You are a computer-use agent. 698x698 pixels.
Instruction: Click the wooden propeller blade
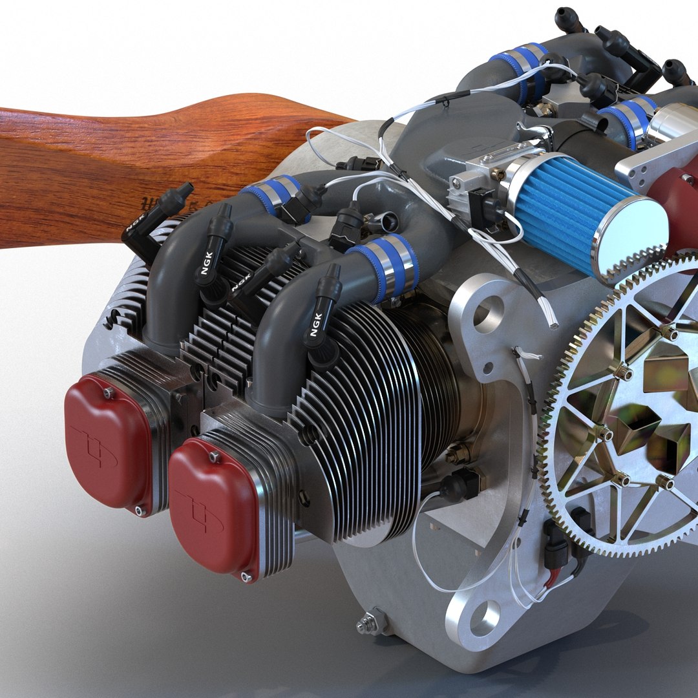97,168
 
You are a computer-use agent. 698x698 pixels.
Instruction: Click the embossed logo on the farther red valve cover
97,446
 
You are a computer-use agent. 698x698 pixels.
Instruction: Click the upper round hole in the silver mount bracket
488,313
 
